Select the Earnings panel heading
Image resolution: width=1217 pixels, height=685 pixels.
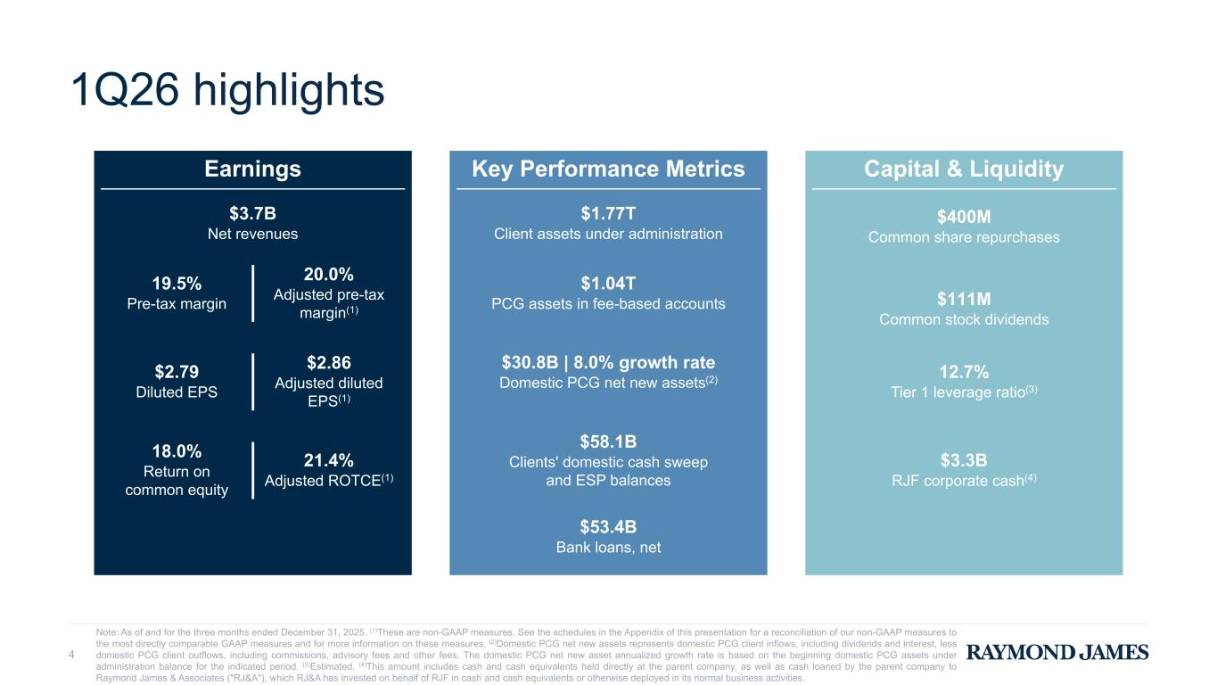pos(252,169)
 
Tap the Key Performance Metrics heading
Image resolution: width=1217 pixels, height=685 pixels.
pos(607,169)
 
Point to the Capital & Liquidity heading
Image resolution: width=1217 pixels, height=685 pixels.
pos(963,169)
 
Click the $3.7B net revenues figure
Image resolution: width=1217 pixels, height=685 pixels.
pos(252,212)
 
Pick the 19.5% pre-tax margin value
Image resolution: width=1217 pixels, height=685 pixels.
pos(177,284)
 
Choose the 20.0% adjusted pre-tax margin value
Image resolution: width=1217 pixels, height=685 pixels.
pos(329,274)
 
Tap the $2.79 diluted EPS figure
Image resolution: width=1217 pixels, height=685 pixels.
pos(177,371)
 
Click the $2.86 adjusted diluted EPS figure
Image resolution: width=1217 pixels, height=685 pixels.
pos(329,362)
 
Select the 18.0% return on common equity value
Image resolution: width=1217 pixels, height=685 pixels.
pos(177,451)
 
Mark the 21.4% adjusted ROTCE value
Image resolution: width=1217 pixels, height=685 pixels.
pos(329,460)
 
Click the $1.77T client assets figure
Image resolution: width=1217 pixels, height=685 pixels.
pos(608,212)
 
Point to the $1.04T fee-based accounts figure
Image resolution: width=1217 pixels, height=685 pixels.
pos(608,284)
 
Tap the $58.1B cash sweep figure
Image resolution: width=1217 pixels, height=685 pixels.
pos(608,442)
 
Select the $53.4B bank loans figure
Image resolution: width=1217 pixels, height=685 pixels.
pos(608,526)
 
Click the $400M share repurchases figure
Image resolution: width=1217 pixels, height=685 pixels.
pos(964,217)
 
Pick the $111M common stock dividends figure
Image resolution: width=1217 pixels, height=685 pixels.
pos(964,299)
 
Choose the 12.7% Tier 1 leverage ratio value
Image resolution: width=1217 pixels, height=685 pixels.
pos(964,371)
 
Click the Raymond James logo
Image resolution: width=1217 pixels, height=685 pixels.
pos(1057,653)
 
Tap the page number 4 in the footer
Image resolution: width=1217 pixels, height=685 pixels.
pos(72,656)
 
